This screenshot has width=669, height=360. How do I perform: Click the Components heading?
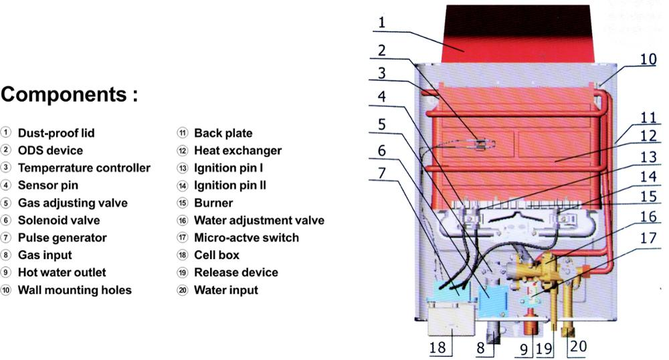(70, 95)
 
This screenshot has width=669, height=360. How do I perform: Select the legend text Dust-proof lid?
(55, 133)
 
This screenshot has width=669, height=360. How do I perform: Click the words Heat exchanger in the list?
(237, 151)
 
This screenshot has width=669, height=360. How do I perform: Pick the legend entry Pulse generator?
(62, 238)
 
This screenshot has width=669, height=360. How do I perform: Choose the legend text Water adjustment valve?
(259, 220)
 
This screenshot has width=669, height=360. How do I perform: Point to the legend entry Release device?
(235, 272)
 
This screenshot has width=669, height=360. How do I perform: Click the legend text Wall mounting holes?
(74, 290)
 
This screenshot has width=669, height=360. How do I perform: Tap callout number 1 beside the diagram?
(381, 23)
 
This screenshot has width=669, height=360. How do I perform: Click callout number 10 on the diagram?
(648, 59)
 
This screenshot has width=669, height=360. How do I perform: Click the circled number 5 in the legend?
(6, 203)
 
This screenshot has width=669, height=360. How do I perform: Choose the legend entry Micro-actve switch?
(246, 238)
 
